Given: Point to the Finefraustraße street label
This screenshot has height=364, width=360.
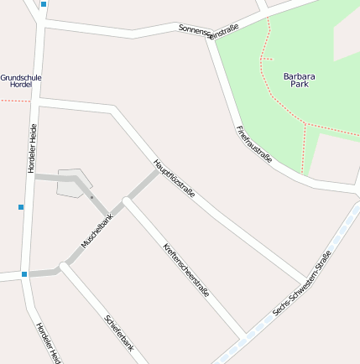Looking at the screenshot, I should tap(254, 143).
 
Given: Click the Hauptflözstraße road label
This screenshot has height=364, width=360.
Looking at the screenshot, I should tap(174, 178).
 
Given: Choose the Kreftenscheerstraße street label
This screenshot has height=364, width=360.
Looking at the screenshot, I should tap(185, 270).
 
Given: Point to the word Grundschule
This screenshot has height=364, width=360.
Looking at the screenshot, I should tap(21, 78).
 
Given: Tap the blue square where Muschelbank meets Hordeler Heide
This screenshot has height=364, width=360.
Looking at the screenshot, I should tap(24, 273).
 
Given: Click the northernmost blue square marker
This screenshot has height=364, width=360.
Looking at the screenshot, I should tap(44, 4).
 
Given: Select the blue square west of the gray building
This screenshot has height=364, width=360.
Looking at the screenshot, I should tap(20, 206).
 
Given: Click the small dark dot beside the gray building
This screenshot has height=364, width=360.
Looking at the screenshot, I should tap(91, 198).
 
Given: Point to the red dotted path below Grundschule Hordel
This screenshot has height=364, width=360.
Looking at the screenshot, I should tap(14, 101).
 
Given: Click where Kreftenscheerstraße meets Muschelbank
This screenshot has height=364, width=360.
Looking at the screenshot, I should tap(126, 200).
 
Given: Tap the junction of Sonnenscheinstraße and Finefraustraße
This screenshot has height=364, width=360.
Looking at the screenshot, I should tap(208, 37).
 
